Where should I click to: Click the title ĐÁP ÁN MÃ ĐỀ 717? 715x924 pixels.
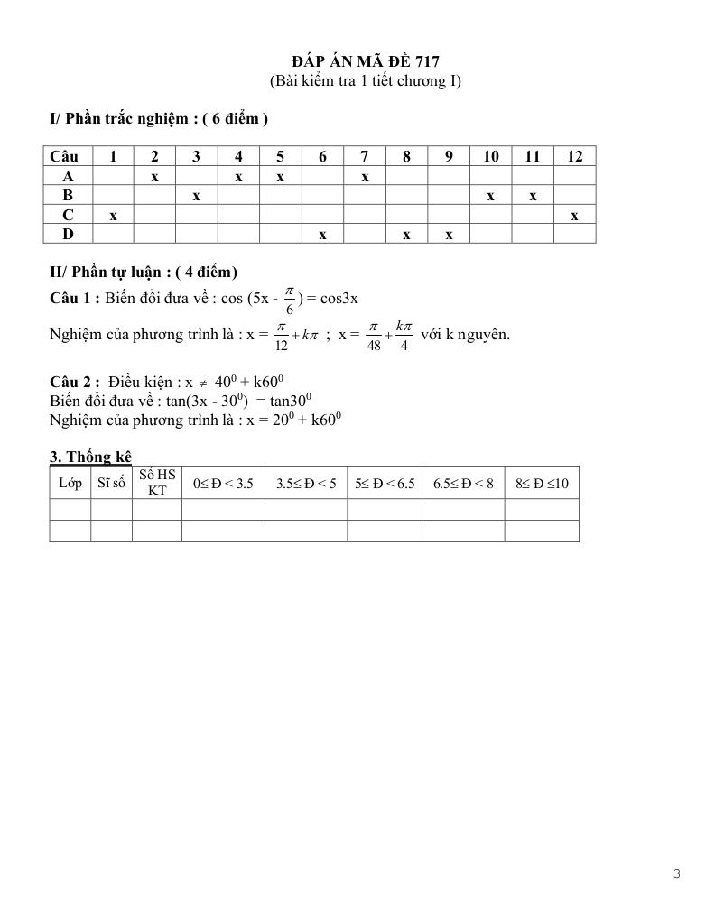(x=366, y=61)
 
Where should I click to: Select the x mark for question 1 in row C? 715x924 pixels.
(x=113, y=216)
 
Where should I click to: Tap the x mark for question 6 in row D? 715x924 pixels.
(x=322, y=235)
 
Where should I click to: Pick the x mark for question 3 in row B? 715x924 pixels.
(x=196, y=196)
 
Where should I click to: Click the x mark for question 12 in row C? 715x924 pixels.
(x=574, y=216)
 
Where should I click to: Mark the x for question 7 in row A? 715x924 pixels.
(x=365, y=177)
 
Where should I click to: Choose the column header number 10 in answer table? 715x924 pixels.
(x=490, y=156)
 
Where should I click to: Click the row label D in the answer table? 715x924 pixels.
(x=68, y=235)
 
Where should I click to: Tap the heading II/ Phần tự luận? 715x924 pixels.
(x=144, y=272)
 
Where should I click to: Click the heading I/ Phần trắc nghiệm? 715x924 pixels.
(x=159, y=118)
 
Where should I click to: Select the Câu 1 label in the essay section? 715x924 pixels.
(x=75, y=298)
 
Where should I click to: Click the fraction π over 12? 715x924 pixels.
(x=281, y=335)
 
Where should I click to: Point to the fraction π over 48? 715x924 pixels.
(x=374, y=335)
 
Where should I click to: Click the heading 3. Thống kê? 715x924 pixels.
(x=91, y=457)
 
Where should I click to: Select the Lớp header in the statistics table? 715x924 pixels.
(x=70, y=483)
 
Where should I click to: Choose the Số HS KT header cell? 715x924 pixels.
(x=157, y=483)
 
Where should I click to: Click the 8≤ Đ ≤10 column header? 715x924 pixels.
(x=542, y=484)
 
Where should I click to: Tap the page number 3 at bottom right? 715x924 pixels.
(x=676, y=873)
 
